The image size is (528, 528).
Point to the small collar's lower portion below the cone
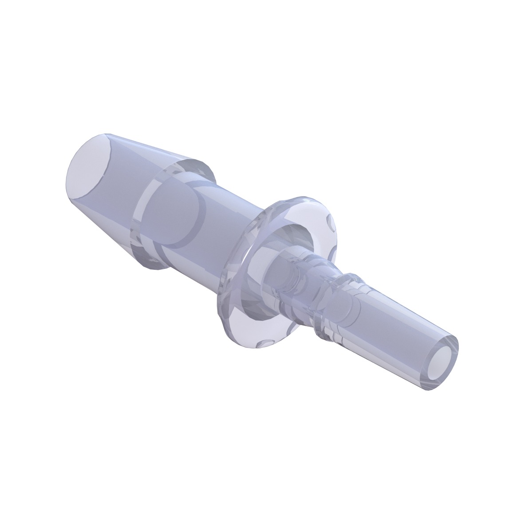153,262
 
